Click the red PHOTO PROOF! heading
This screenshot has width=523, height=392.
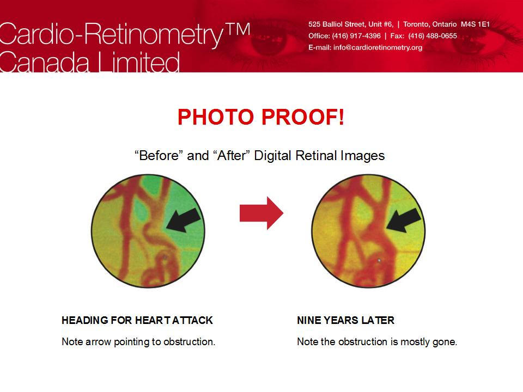(x=260, y=117)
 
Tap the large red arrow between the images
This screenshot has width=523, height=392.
(x=261, y=213)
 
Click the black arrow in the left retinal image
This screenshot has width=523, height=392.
(x=184, y=220)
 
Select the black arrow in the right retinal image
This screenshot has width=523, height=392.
(x=404, y=220)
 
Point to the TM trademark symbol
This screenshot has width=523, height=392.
(x=238, y=29)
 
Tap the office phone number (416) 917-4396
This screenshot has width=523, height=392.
(x=356, y=36)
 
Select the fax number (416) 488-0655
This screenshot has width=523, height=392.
(x=433, y=36)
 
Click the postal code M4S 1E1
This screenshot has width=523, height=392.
(x=475, y=24)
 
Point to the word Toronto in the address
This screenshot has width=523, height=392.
(x=417, y=24)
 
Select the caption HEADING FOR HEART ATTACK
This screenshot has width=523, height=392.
(x=137, y=320)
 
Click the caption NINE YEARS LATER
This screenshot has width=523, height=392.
(x=345, y=320)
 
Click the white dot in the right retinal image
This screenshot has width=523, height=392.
(x=379, y=260)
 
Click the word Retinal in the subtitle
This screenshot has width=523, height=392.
(x=316, y=155)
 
